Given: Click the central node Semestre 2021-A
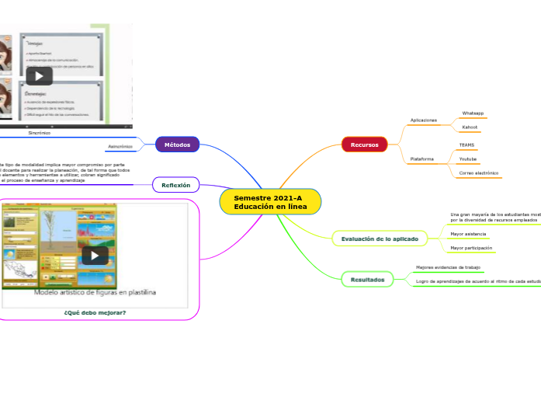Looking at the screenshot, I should click(270, 202).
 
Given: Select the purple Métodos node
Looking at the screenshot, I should click(177, 145).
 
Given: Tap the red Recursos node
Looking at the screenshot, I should click(364, 145).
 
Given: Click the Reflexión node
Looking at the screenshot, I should click(176, 185).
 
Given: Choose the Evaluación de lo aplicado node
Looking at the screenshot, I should click(380, 239).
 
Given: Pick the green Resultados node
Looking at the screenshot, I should click(367, 279).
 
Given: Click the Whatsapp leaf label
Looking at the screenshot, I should click(473, 113).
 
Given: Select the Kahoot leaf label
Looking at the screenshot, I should click(470, 127).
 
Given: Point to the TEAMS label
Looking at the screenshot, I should click(466, 145).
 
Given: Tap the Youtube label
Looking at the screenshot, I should click(468, 158).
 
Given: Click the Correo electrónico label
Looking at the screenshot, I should click(479, 172).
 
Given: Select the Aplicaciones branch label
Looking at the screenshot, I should click(424, 120).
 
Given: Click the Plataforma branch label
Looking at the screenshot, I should click(421, 159).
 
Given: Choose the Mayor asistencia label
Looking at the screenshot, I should click(468, 233).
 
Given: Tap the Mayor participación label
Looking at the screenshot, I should click(471, 248).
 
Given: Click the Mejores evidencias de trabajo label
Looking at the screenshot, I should click(448, 267).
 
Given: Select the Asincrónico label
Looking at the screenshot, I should click(119, 146).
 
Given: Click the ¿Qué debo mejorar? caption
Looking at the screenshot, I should click(95, 312).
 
